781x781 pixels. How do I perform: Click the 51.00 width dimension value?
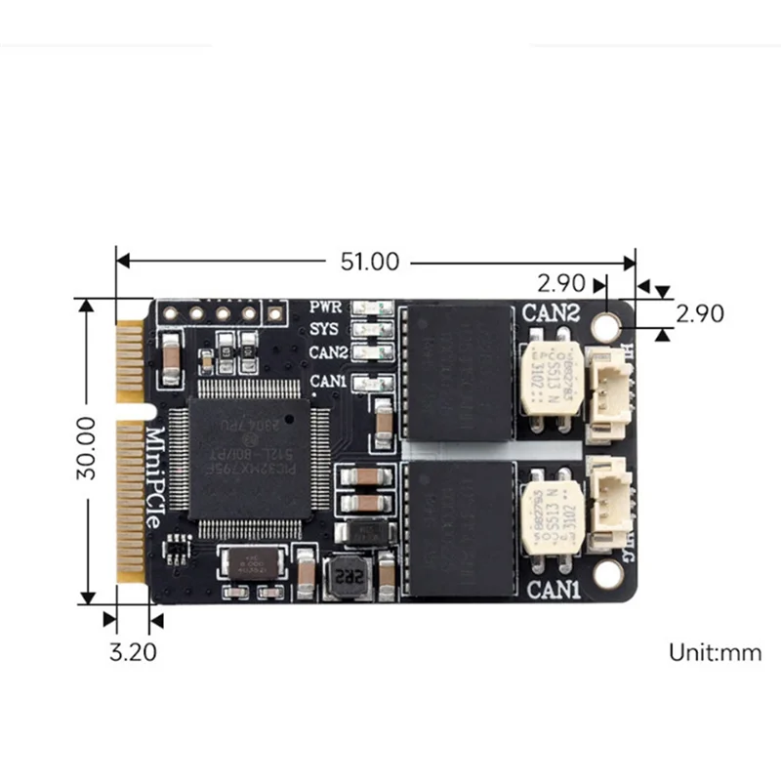coord(370,262)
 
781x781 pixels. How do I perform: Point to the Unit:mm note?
coord(715,652)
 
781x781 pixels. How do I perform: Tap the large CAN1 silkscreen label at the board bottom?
coord(555,591)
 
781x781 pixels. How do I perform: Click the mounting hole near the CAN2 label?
coord(612,321)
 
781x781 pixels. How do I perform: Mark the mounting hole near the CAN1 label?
coord(612,575)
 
